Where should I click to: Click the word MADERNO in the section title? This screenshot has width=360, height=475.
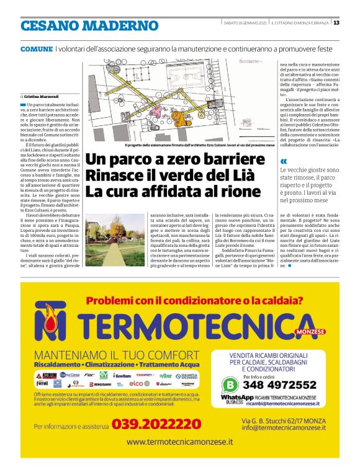point(120,25)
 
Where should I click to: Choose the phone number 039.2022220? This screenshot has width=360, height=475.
point(156,424)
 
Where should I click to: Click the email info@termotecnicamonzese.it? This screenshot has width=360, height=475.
point(289,428)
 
